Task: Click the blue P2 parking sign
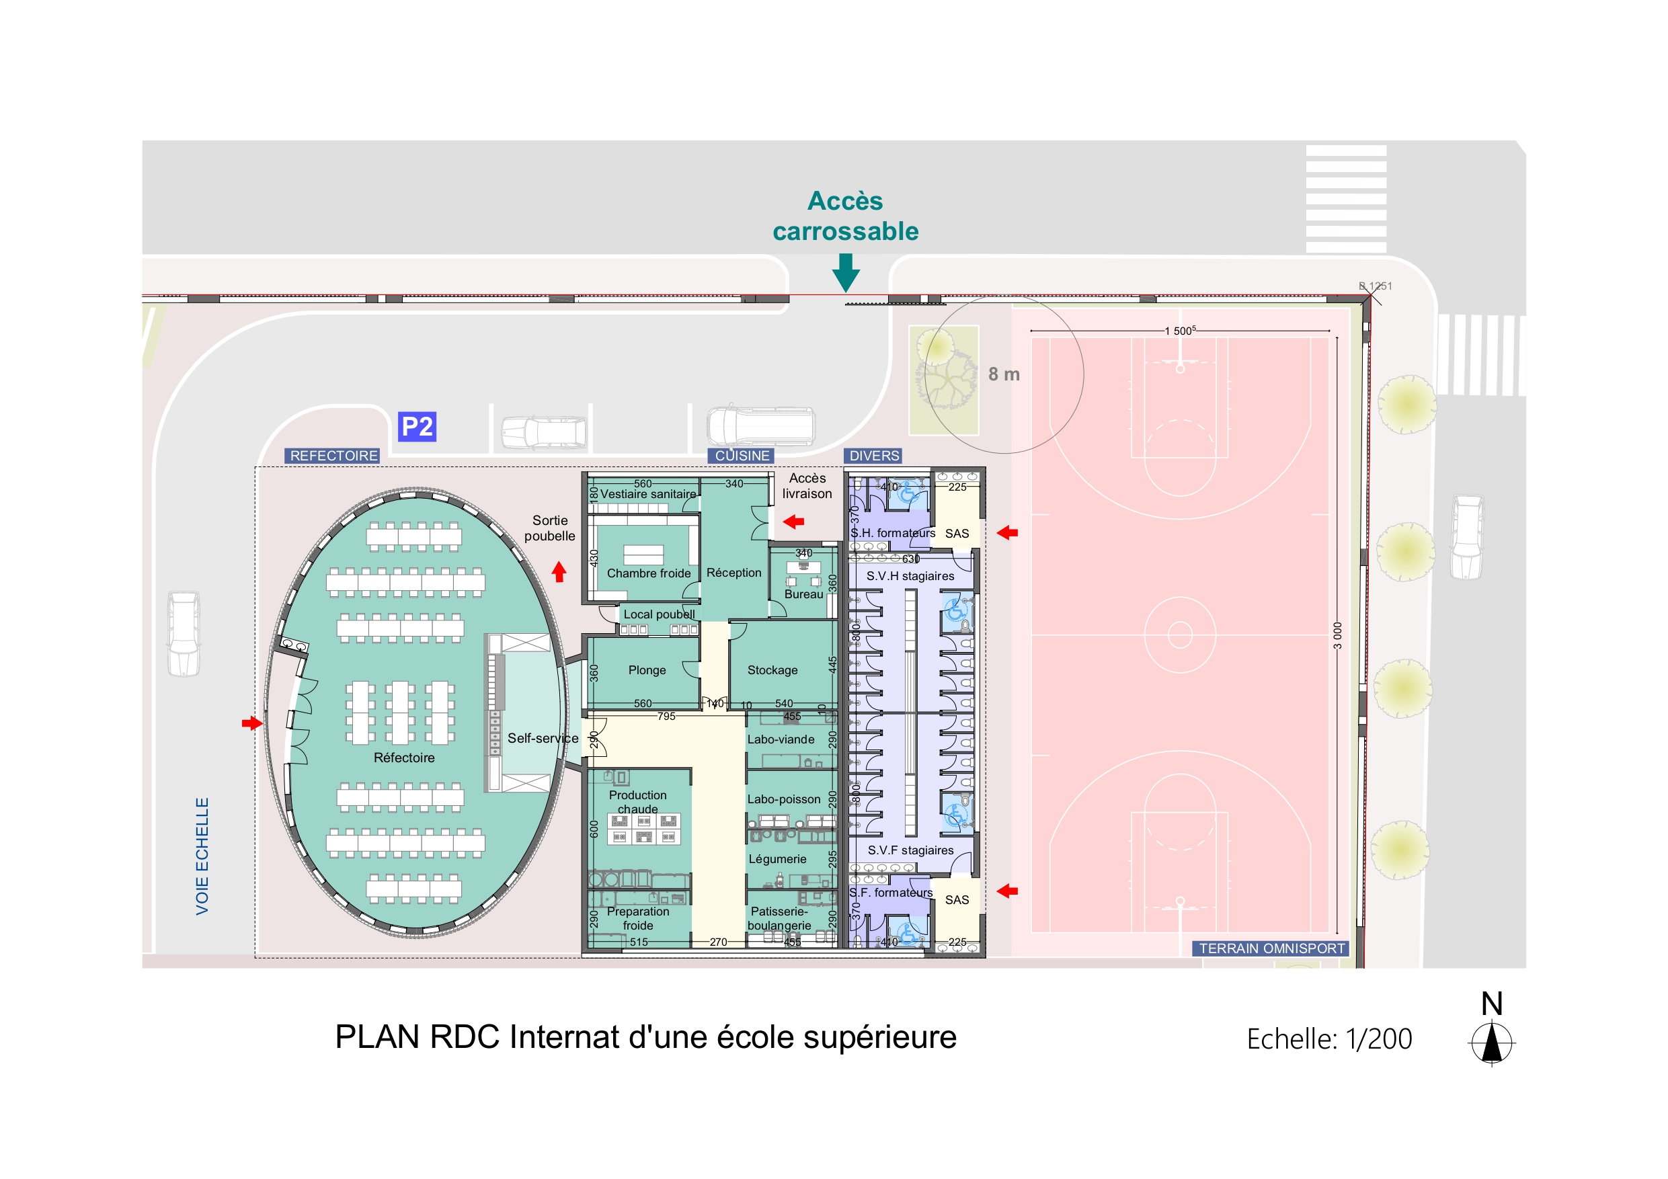(417, 426)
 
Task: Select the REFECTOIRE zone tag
(333, 456)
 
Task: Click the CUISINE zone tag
(742, 456)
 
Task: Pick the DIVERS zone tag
(874, 456)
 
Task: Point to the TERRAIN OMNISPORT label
(1271, 948)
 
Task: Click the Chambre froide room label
(649, 573)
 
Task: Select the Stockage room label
(772, 669)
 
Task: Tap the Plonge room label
(647, 669)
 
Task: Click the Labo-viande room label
(781, 739)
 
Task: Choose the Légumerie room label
(777, 858)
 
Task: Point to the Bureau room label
(803, 594)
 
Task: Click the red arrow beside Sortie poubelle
(559, 572)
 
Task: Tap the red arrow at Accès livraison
(793, 521)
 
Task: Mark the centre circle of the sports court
(1180, 634)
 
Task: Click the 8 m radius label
(1004, 374)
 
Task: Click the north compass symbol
(1491, 1043)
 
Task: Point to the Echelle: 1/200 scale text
(1328, 1039)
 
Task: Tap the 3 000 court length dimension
(1337, 636)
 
